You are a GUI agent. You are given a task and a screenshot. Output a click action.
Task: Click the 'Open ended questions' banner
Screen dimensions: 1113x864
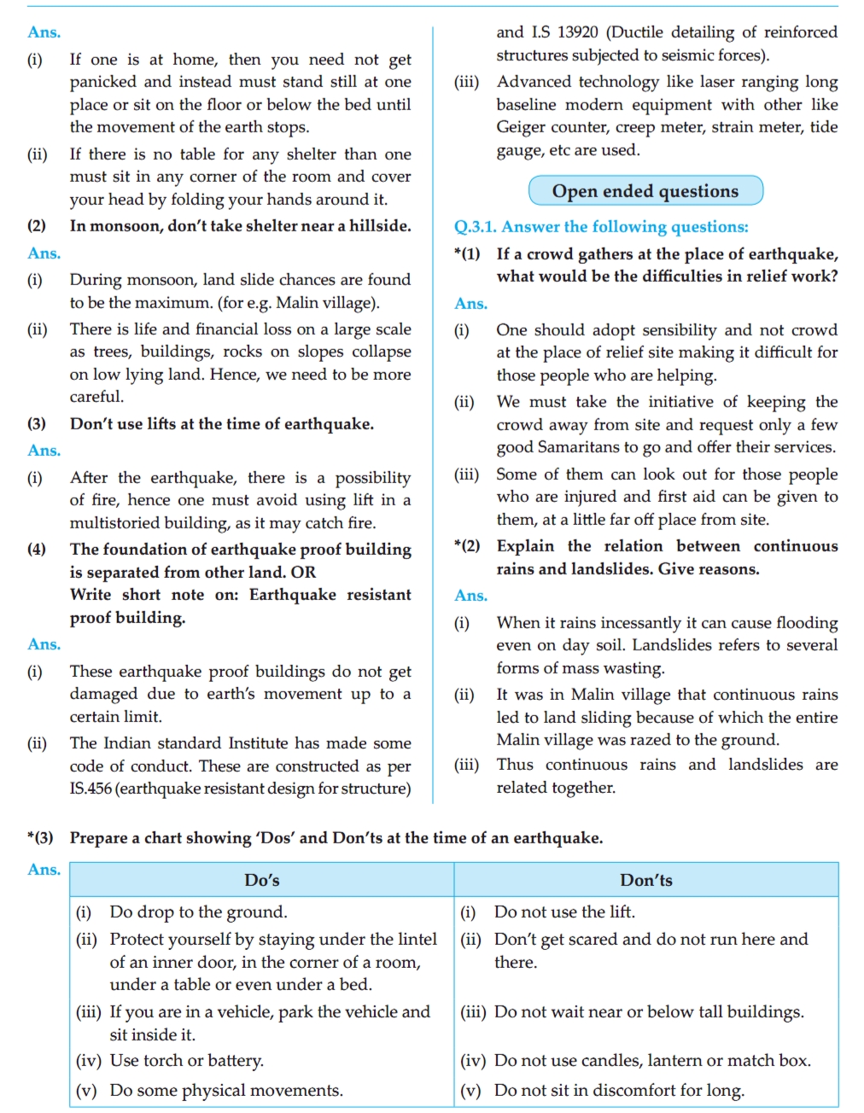click(x=645, y=191)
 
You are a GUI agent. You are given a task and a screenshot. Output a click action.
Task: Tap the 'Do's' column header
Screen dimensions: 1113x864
click(x=261, y=880)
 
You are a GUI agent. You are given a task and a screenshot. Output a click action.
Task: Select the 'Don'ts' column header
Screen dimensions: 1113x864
click(x=645, y=880)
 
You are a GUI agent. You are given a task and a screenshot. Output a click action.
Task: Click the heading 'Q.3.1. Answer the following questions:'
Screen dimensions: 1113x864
click(x=601, y=227)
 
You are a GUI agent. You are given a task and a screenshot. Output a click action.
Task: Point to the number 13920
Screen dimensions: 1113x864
click(x=577, y=32)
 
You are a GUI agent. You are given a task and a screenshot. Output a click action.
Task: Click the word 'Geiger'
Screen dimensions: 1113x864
click(x=522, y=127)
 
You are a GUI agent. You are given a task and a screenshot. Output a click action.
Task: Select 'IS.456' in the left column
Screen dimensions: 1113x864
click(x=90, y=789)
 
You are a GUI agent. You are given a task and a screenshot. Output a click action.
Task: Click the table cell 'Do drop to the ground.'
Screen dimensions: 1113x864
click(x=198, y=912)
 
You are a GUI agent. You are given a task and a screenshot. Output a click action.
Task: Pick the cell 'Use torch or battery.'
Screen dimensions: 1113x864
click(x=186, y=1061)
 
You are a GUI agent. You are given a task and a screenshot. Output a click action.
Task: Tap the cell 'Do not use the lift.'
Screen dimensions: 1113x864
click(x=564, y=912)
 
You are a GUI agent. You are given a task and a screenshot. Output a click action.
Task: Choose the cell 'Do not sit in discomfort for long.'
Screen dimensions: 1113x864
click(x=619, y=1091)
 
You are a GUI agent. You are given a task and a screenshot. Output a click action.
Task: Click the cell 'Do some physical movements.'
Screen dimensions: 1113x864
click(x=226, y=1091)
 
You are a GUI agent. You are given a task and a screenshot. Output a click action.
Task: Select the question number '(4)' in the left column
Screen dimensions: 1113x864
click(x=37, y=550)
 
